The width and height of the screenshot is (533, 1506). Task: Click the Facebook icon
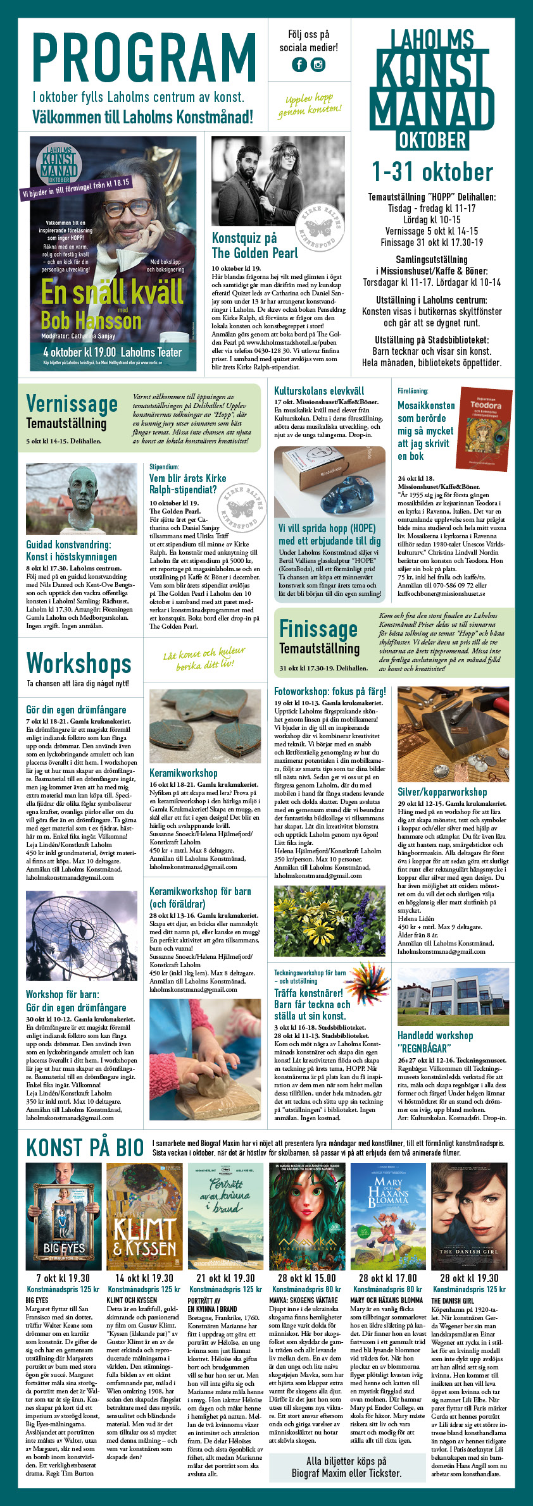pyautogui.click(x=299, y=65)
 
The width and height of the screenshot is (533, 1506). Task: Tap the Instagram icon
pyautogui.click(x=318, y=65)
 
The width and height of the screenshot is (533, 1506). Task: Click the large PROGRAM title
pyautogui.click(x=144, y=58)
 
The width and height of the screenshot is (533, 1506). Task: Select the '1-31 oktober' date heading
pyautogui.click(x=432, y=172)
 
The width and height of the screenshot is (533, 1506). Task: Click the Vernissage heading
pyautogui.click(x=72, y=404)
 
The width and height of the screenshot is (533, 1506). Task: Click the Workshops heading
pyautogui.click(x=78, y=663)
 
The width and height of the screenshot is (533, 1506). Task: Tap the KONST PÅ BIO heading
pyautogui.click(x=85, y=1147)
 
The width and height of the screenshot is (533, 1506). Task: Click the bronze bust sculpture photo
pyautogui.click(x=81, y=498)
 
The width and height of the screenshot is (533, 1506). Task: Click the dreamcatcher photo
pyautogui.click(x=81, y=936)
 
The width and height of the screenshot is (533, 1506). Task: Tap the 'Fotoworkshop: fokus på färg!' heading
pyautogui.click(x=330, y=691)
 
